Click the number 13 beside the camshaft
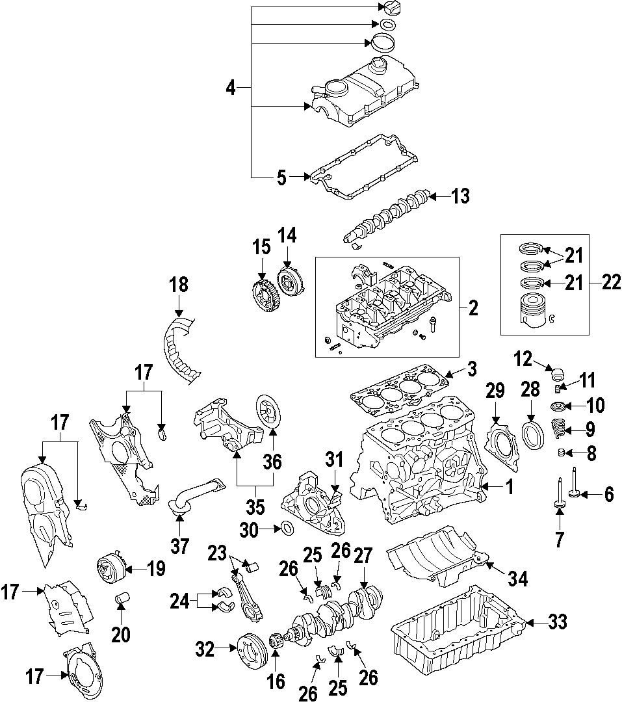(460, 196)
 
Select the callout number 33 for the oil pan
(557, 622)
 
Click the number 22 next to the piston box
(611, 282)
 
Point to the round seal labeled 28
(531, 435)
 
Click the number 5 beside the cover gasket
(281, 177)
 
